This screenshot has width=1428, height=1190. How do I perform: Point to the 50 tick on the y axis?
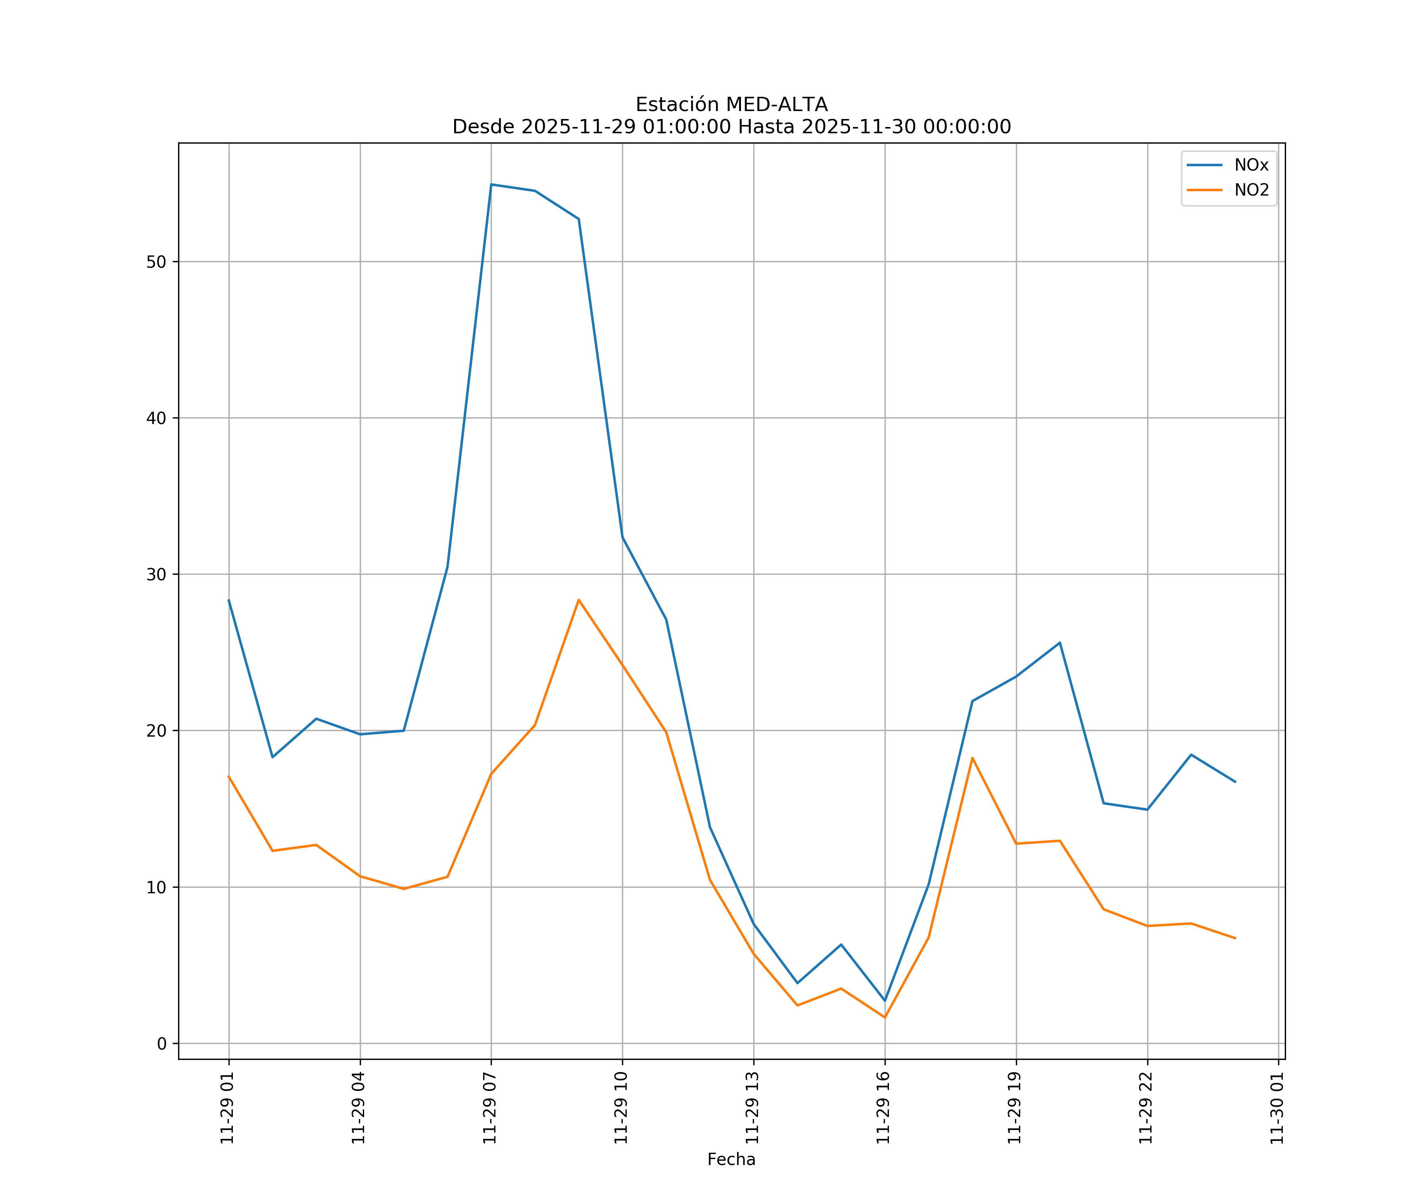156,262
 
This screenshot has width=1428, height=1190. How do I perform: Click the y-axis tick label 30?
156,575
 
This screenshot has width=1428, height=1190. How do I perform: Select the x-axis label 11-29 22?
1146,1108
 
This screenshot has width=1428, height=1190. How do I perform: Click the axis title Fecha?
731,1159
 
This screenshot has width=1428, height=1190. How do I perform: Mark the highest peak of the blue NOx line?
491,184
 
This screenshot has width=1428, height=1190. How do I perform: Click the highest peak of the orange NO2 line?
579,600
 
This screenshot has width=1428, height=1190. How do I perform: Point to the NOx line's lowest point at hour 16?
885,1001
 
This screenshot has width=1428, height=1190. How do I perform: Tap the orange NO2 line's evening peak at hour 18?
972,758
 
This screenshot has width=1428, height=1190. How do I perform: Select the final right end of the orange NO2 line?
1235,939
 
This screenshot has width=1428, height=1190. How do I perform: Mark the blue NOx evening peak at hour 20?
1059,643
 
